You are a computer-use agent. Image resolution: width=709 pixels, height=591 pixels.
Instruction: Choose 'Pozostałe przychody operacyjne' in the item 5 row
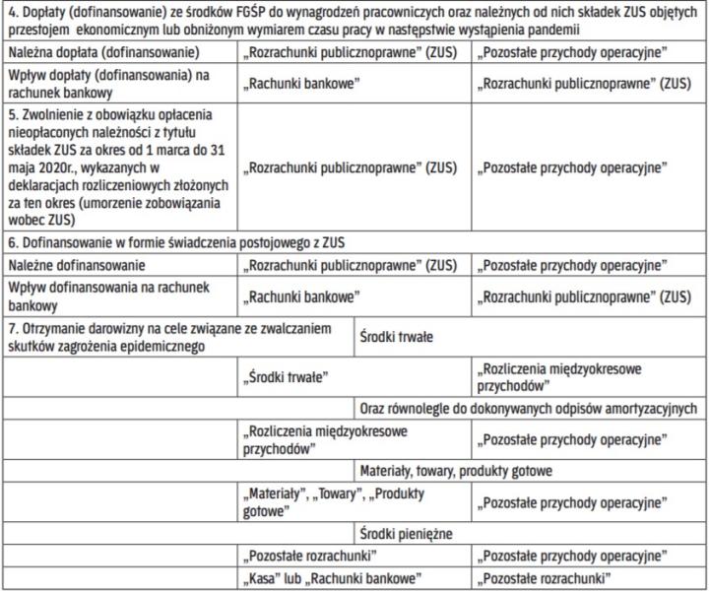(571, 167)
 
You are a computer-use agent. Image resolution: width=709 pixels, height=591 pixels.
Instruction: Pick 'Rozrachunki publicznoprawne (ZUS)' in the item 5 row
(352, 167)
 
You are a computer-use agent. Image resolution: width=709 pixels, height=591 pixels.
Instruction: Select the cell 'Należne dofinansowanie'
(77, 264)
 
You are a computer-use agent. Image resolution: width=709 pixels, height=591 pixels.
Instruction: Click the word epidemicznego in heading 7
(158, 346)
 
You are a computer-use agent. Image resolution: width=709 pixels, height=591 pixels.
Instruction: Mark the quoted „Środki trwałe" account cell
(288, 375)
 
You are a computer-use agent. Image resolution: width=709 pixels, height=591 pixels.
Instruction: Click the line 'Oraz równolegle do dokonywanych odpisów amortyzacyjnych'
(528, 408)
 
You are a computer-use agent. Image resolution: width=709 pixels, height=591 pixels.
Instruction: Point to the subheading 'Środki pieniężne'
(406, 534)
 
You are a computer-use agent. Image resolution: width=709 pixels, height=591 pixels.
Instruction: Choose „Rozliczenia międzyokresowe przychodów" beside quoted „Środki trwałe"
(558, 375)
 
